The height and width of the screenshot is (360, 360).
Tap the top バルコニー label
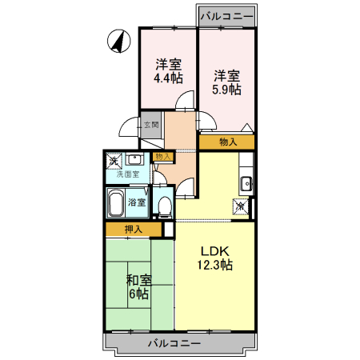[227, 14]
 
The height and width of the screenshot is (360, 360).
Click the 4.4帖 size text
[168, 78]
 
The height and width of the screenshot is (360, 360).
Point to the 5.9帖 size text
[226, 90]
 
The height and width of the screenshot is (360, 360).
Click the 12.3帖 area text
[214, 263]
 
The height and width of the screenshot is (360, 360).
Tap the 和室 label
[139, 280]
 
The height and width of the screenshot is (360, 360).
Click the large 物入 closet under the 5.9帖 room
[227, 142]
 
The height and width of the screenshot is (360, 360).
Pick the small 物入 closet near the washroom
[163, 157]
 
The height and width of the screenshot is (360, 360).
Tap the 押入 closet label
[134, 230]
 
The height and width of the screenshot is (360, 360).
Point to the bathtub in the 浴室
[116, 203]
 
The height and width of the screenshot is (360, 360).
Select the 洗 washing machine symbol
[114, 161]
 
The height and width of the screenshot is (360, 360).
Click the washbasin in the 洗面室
[135, 160]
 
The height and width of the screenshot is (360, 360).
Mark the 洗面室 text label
[128, 174]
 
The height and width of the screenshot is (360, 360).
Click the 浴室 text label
[138, 202]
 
